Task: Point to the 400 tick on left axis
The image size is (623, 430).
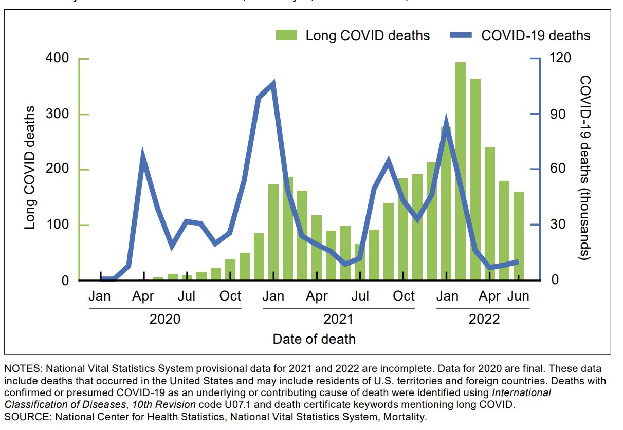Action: (x=57, y=59)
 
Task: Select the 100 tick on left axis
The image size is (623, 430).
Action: (x=57, y=225)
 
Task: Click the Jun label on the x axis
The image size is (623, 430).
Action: (x=518, y=296)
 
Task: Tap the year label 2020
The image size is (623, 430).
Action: (x=165, y=319)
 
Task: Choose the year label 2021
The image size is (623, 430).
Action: (x=338, y=319)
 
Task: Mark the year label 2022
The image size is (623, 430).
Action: (x=484, y=319)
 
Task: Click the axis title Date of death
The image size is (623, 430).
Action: (x=314, y=339)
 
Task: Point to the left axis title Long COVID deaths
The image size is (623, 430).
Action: (x=31, y=167)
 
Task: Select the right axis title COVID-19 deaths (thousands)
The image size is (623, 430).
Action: (x=585, y=167)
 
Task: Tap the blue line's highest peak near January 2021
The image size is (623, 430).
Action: (x=273, y=83)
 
